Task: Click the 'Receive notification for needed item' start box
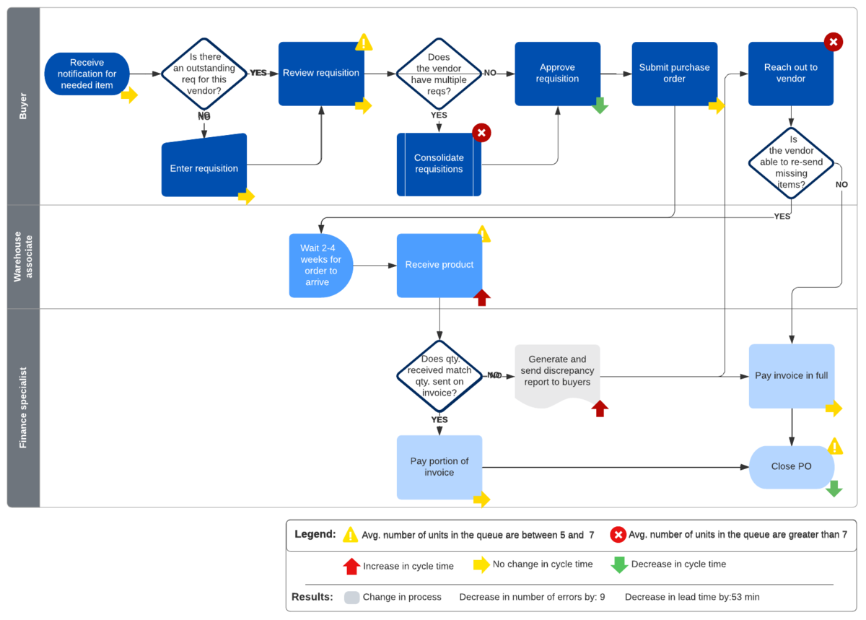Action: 87,74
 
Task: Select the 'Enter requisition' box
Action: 204,165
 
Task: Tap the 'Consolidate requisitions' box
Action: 439,165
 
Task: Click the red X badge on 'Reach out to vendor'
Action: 833,42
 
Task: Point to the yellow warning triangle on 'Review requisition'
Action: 364,42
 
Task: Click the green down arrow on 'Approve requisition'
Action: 600,105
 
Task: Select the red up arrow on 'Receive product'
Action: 482,297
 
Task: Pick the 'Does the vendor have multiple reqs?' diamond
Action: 439,74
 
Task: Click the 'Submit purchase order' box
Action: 675,74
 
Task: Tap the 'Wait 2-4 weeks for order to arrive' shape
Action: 321,266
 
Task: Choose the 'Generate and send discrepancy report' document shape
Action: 557,376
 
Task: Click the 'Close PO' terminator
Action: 792,467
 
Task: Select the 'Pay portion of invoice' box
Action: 439,467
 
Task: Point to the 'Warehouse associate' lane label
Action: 23,257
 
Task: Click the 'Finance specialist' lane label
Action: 23,408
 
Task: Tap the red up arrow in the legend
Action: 351,567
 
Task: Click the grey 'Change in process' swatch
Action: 352,598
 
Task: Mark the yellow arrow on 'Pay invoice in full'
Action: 834,409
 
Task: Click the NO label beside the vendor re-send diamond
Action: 841,185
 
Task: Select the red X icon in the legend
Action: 618,535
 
